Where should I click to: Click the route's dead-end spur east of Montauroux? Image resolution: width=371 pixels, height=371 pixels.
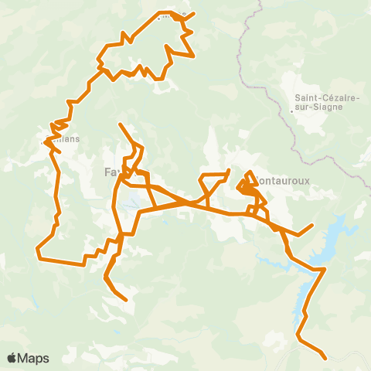[x=311, y=226]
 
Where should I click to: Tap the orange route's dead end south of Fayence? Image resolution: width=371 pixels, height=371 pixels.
[x=125, y=298]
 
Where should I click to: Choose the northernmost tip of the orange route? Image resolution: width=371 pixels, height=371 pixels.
[x=193, y=13]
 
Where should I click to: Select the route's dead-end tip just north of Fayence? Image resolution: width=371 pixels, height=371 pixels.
[x=120, y=124]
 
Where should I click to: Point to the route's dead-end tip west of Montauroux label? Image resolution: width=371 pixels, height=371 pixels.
[x=229, y=171]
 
